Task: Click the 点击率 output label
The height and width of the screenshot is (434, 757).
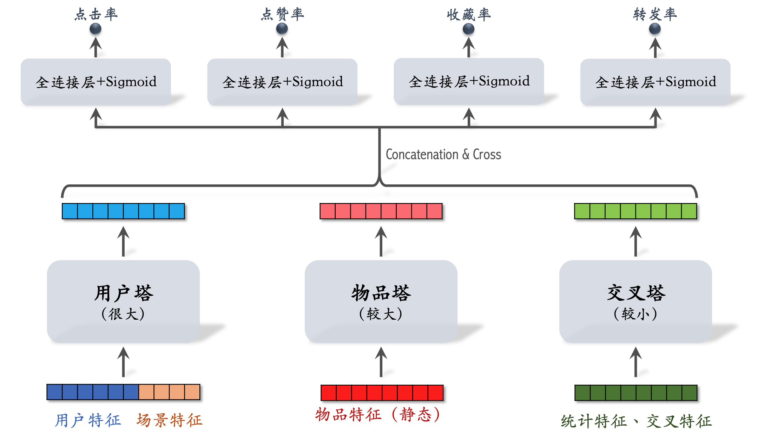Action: coord(96,14)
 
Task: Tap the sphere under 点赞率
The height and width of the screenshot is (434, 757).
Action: coord(282,29)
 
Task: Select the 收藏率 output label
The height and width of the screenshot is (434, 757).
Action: coord(469,14)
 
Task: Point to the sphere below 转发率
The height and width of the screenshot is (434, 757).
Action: coord(655,29)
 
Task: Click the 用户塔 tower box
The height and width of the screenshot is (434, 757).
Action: coord(123,301)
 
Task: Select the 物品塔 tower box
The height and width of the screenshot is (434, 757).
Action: coord(381,301)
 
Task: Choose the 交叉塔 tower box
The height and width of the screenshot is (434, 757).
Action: coord(636,301)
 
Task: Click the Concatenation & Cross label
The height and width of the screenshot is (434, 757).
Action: coord(443,154)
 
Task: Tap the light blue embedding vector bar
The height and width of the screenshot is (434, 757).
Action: coord(123,211)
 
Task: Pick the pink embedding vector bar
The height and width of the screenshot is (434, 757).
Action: coord(381,211)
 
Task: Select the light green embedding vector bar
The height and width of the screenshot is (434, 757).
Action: coord(636,211)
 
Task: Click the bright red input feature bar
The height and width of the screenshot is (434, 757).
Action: coord(382,393)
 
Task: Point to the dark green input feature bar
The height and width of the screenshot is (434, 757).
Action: coord(636,393)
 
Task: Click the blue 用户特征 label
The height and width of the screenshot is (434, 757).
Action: coord(88,420)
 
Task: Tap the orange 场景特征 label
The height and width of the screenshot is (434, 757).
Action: coord(170,420)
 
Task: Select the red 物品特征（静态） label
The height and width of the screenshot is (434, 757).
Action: coord(377,415)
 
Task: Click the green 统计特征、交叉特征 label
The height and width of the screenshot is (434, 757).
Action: coord(636,421)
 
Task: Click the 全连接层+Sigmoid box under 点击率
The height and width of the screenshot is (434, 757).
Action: coord(96,82)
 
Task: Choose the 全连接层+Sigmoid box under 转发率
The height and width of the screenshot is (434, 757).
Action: coord(655,82)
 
